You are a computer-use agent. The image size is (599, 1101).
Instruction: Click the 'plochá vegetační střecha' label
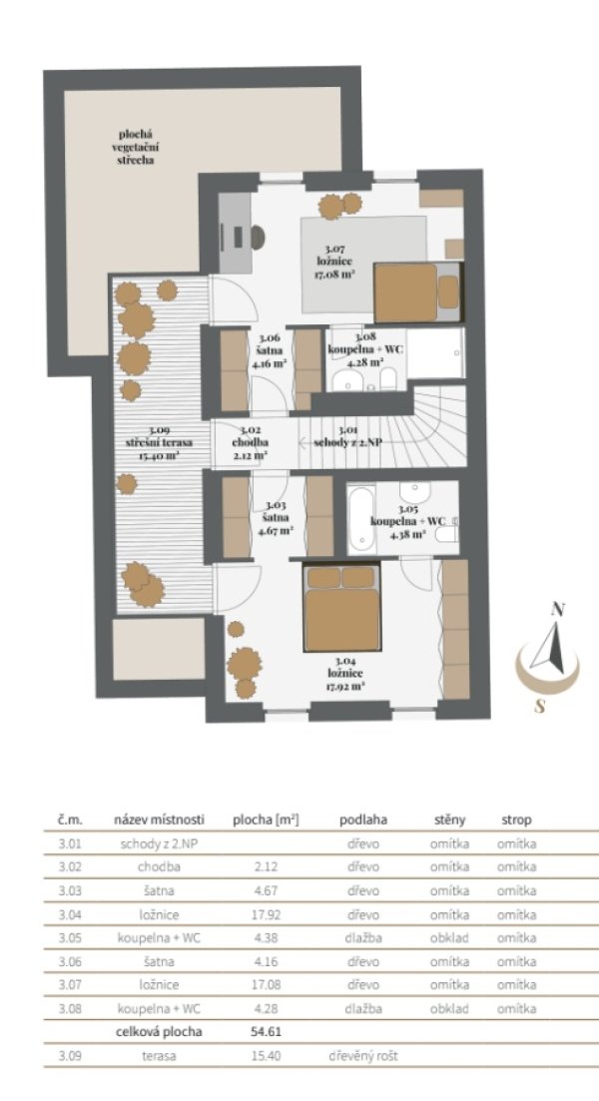(x=135, y=147)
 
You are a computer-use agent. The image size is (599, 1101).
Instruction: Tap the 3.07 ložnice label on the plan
(x=334, y=262)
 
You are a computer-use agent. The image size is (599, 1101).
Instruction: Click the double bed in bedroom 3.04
(x=342, y=607)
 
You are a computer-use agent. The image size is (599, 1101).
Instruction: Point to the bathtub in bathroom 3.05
(x=361, y=518)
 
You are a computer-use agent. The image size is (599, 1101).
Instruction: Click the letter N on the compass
(x=558, y=609)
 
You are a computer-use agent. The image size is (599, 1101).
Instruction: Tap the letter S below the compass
(x=539, y=707)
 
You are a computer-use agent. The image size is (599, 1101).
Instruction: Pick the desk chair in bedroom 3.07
(x=257, y=237)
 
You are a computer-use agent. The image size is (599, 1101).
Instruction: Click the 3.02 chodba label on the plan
(x=251, y=442)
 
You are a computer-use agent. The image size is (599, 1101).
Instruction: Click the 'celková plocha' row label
(x=160, y=1031)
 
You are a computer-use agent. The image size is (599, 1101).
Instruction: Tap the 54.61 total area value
(x=267, y=1031)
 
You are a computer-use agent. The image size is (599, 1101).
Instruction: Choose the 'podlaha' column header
(x=363, y=820)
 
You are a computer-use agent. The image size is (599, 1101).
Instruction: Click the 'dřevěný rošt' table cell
(x=362, y=1055)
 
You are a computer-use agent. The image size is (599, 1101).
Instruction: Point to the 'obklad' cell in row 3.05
(x=449, y=937)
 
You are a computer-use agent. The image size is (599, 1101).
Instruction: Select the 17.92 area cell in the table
(x=267, y=914)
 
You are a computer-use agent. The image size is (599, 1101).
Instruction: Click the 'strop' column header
(x=516, y=820)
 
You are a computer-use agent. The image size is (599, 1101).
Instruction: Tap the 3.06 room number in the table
(x=70, y=961)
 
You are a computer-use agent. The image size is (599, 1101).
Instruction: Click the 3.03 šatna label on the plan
(x=276, y=518)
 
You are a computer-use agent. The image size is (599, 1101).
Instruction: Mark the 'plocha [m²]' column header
(x=267, y=820)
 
